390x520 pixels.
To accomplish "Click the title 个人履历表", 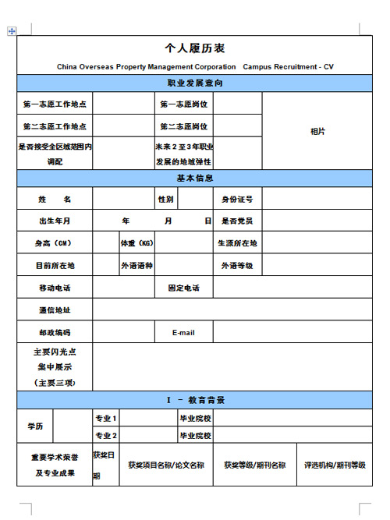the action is click(x=195, y=48).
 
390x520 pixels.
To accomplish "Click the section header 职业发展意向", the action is click(x=195, y=83).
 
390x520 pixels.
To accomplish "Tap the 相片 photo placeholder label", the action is click(x=317, y=132).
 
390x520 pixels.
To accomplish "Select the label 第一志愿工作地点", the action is click(x=55, y=104).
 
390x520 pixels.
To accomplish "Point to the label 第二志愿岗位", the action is click(x=184, y=126).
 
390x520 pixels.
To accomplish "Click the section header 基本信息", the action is click(x=195, y=178).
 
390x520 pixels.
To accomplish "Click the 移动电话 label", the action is click(x=55, y=288).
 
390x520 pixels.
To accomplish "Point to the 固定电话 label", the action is click(x=184, y=288).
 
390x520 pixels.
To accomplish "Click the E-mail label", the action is click(x=184, y=333).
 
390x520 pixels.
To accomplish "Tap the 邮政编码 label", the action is click(x=55, y=333).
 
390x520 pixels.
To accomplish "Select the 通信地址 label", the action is click(x=55, y=310).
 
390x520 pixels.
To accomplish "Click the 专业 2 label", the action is click(x=106, y=436).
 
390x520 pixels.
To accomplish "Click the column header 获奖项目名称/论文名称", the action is click(x=166, y=465).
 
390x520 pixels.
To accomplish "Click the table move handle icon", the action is click(x=11, y=31).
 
